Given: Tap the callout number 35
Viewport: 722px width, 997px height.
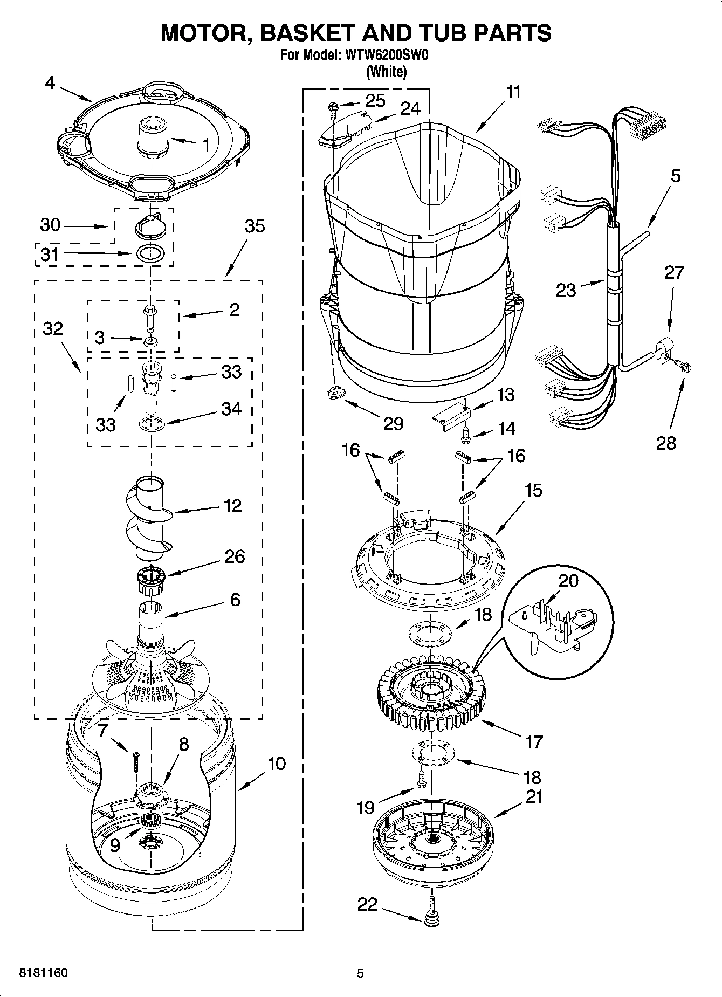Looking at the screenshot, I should coord(255,226).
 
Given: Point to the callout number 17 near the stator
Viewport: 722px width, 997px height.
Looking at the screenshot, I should coord(533,742).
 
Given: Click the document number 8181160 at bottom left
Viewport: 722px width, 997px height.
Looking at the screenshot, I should coord(43,973).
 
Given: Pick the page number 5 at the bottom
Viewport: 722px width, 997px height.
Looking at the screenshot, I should coord(361,973).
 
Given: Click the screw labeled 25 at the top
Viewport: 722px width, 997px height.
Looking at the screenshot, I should coord(333,109).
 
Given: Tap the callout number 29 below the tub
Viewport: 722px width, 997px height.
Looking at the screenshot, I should coord(393,423).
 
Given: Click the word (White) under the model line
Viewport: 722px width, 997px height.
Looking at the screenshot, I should coord(386,72).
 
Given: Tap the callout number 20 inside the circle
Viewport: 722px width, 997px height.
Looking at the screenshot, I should coord(568,581).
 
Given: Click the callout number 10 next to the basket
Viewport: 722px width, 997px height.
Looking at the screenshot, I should coord(277,764).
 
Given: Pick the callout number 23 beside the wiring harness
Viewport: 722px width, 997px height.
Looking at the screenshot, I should coord(566,290).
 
